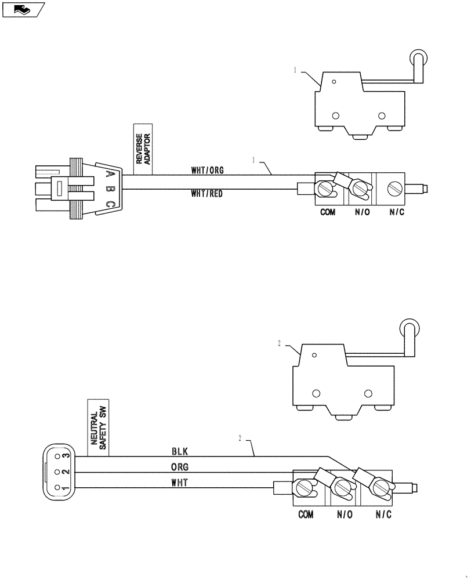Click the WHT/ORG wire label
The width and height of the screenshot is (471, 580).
pos(207,171)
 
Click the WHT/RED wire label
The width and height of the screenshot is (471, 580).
pos(206,194)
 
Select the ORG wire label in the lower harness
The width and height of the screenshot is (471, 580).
pos(180,466)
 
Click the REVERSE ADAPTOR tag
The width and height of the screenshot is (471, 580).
pos(143,148)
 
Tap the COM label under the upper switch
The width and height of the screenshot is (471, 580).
pos(328,213)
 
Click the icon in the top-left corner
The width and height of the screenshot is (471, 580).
pos(24,9)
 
